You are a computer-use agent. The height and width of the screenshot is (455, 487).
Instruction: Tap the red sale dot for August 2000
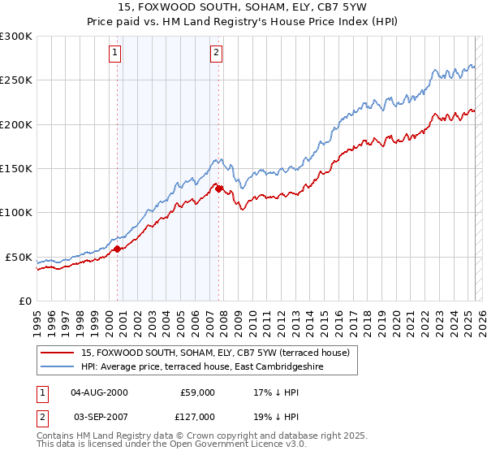point(117,249)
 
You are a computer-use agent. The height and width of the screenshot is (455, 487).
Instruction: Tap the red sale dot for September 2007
point(219,188)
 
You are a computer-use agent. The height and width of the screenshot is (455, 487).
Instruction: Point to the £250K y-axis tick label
point(16,80)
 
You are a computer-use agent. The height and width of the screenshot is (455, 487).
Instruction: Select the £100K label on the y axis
point(16,213)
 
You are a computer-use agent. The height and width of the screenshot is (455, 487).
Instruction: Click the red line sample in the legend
point(58,353)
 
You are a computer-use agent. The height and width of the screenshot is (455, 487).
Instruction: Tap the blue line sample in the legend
point(58,367)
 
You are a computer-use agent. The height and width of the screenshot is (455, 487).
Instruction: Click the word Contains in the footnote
point(58,436)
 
